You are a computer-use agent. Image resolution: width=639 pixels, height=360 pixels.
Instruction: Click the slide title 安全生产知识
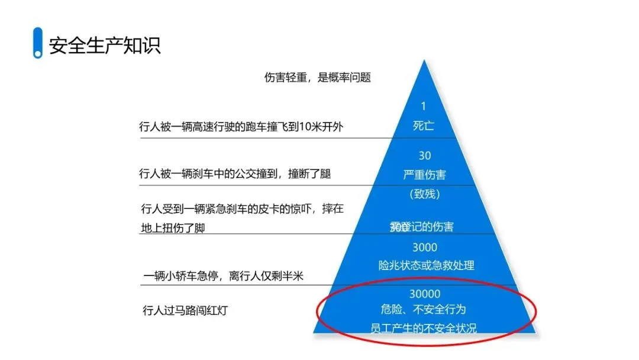click(x=105, y=46)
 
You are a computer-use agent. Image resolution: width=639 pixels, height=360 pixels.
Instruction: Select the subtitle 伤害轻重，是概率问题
click(x=317, y=78)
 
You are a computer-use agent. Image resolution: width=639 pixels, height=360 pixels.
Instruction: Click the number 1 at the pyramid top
click(x=423, y=107)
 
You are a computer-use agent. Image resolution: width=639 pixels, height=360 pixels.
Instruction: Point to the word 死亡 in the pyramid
click(x=423, y=126)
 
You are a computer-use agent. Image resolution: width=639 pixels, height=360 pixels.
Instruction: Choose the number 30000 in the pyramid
click(x=424, y=294)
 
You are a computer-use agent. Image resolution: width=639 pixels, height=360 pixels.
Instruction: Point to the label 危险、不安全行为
click(x=424, y=310)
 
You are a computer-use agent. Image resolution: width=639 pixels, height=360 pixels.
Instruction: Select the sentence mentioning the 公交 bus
click(x=235, y=174)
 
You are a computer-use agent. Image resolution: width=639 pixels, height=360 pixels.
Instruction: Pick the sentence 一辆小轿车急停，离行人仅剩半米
click(x=223, y=276)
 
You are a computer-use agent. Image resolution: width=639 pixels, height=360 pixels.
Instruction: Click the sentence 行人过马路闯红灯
click(x=185, y=310)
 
